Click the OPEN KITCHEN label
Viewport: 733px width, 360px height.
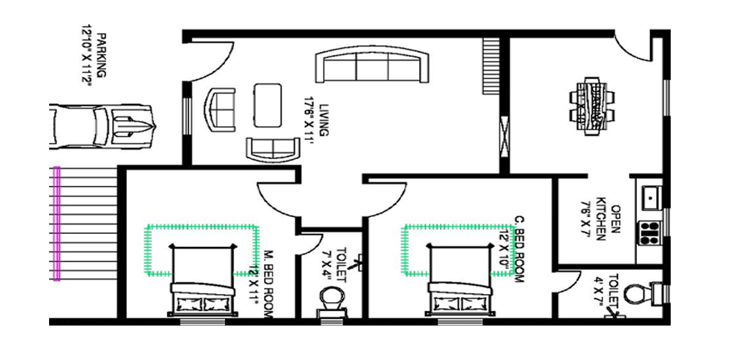click(603, 220)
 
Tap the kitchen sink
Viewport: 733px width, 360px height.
click(650, 196)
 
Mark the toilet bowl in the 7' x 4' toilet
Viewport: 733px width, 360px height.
click(330, 301)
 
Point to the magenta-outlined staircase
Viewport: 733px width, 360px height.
click(84, 224)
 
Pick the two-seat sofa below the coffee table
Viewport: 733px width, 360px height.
click(273, 148)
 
